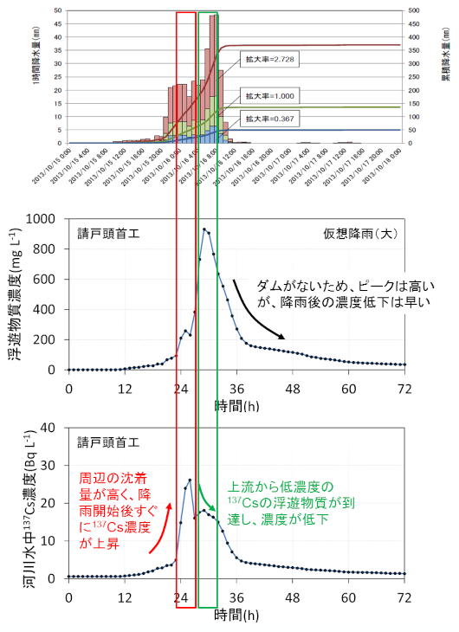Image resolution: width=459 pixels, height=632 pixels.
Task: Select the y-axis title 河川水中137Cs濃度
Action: coord(16,502)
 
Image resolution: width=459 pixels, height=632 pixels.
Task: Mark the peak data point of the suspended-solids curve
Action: coord(204,229)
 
